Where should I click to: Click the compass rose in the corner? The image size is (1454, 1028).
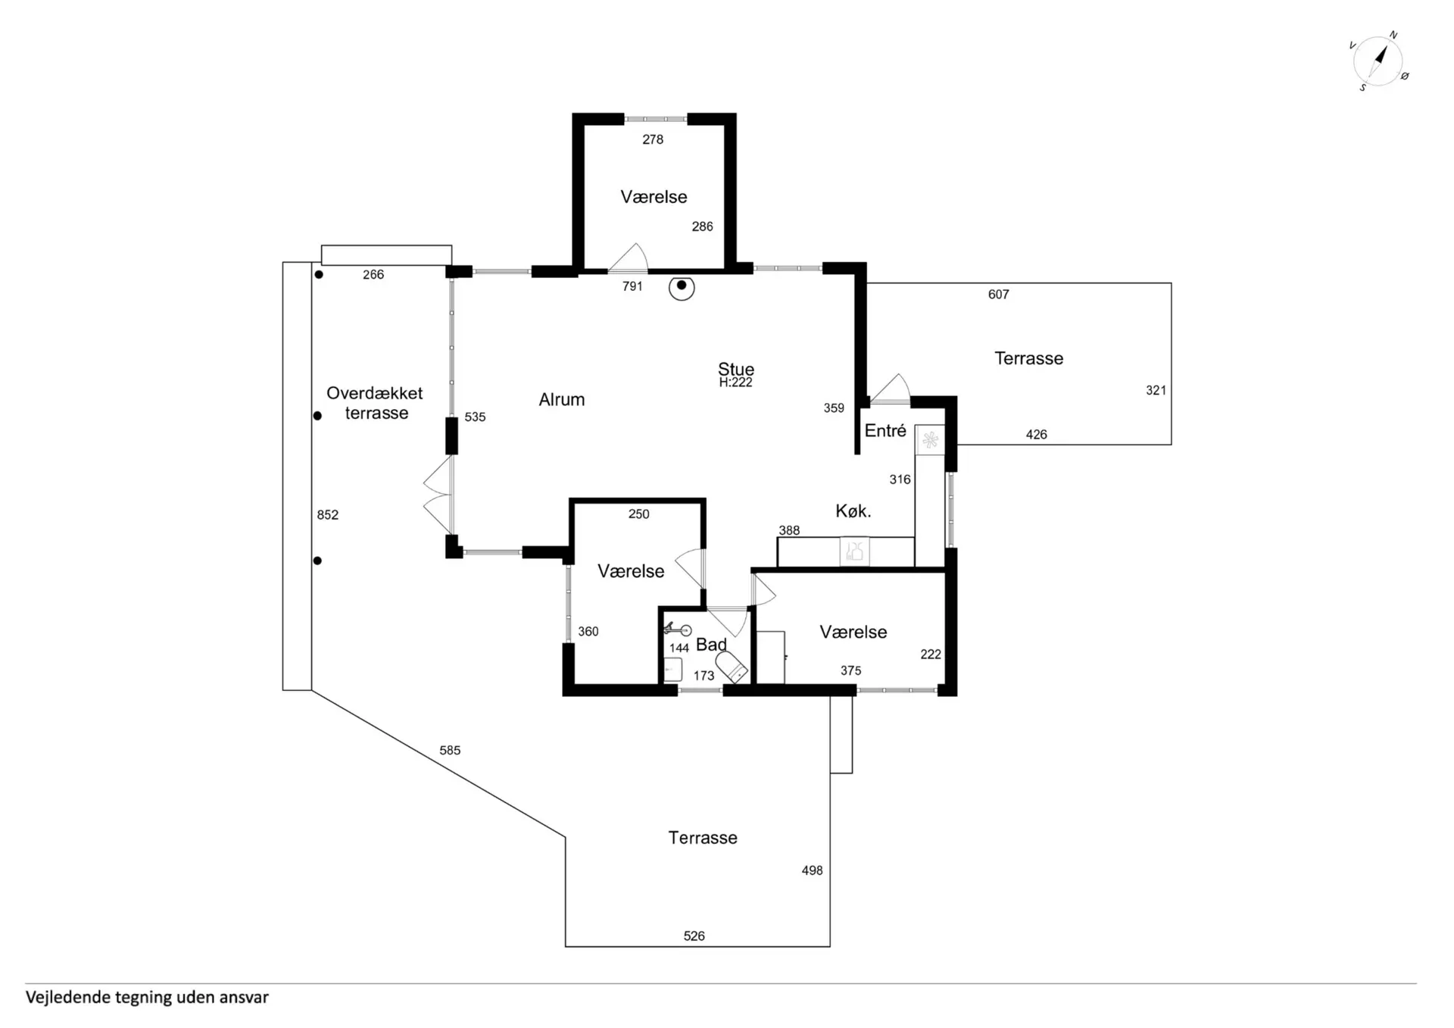click(x=1378, y=61)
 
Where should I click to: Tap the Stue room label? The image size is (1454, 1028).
click(x=735, y=369)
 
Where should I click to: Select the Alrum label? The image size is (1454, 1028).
click(x=561, y=399)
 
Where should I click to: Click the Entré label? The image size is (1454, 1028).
click(x=885, y=430)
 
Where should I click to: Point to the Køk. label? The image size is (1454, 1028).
click(x=853, y=511)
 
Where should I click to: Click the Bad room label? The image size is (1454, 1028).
click(x=710, y=644)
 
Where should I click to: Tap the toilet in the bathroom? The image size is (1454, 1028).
click(x=732, y=667)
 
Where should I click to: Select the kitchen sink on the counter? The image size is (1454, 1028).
click(x=854, y=551)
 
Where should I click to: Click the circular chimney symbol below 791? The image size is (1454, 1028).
click(x=682, y=286)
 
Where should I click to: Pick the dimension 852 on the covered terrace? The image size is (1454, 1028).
click(x=327, y=514)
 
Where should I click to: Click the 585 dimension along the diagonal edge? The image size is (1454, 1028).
click(x=449, y=750)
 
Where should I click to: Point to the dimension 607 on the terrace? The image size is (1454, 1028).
click(x=998, y=294)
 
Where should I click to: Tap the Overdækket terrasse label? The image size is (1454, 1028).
click(x=375, y=403)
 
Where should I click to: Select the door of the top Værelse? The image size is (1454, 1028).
click(x=629, y=259)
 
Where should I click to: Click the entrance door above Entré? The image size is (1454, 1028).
click(x=891, y=389)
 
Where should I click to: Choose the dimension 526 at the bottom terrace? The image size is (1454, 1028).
click(x=694, y=936)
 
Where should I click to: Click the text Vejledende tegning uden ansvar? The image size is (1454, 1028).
click(x=147, y=997)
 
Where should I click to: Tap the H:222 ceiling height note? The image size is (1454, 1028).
click(x=735, y=383)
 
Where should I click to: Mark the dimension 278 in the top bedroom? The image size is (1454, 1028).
click(x=652, y=139)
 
